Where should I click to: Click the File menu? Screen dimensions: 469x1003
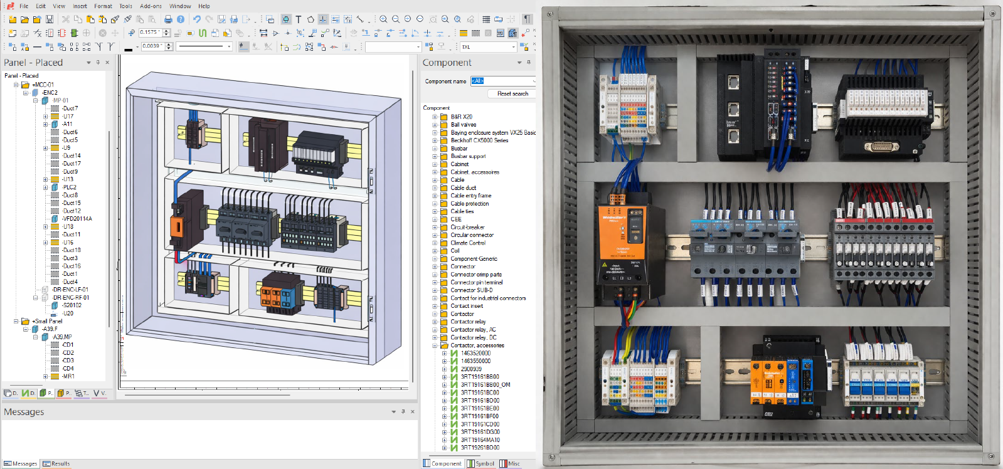point(24,6)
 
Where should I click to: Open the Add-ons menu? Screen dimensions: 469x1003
point(151,6)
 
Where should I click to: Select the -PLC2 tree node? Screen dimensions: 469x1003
point(69,187)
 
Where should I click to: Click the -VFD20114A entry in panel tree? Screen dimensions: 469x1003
point(77,219)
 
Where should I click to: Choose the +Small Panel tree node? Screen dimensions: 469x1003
point(47,321)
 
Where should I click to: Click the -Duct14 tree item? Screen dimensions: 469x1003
point(71,155)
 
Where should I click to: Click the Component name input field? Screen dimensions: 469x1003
point(502,81)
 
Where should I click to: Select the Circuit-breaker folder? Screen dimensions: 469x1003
point(467,227)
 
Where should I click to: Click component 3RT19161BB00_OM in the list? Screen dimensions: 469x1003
point(485,384)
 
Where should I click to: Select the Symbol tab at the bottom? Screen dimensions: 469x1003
point(481,463)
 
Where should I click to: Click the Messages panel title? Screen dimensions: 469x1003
point(24,412)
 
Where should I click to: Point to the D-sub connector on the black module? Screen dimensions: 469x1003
point(881,147)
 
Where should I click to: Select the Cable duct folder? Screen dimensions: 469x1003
point(463,187)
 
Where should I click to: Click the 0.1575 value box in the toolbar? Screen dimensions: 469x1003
point(151,33)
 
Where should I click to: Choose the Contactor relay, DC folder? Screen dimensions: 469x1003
point(473,337)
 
